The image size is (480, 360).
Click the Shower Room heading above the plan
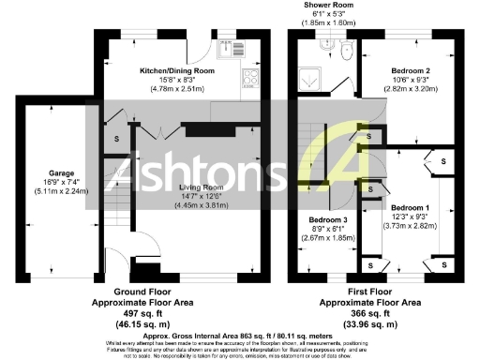click(327, 5)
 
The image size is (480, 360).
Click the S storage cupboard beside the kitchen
click(116, 139)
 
